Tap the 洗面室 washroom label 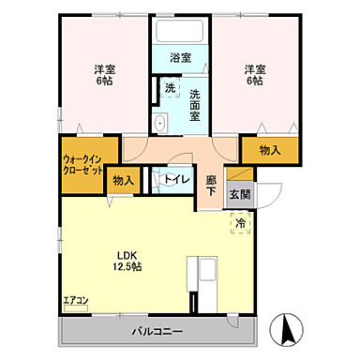coord(195,98)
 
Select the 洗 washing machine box coord(170,88)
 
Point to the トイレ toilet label coord(175,178)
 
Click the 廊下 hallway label coord(211,185)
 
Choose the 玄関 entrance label coord(239,195)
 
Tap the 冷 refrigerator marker coord(240,224)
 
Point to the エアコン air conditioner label coord(75,301)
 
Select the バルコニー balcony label coord(157,331)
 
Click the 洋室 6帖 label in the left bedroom coord(103,75)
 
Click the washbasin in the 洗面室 coord(160,123)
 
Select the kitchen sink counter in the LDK coord(204,274)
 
